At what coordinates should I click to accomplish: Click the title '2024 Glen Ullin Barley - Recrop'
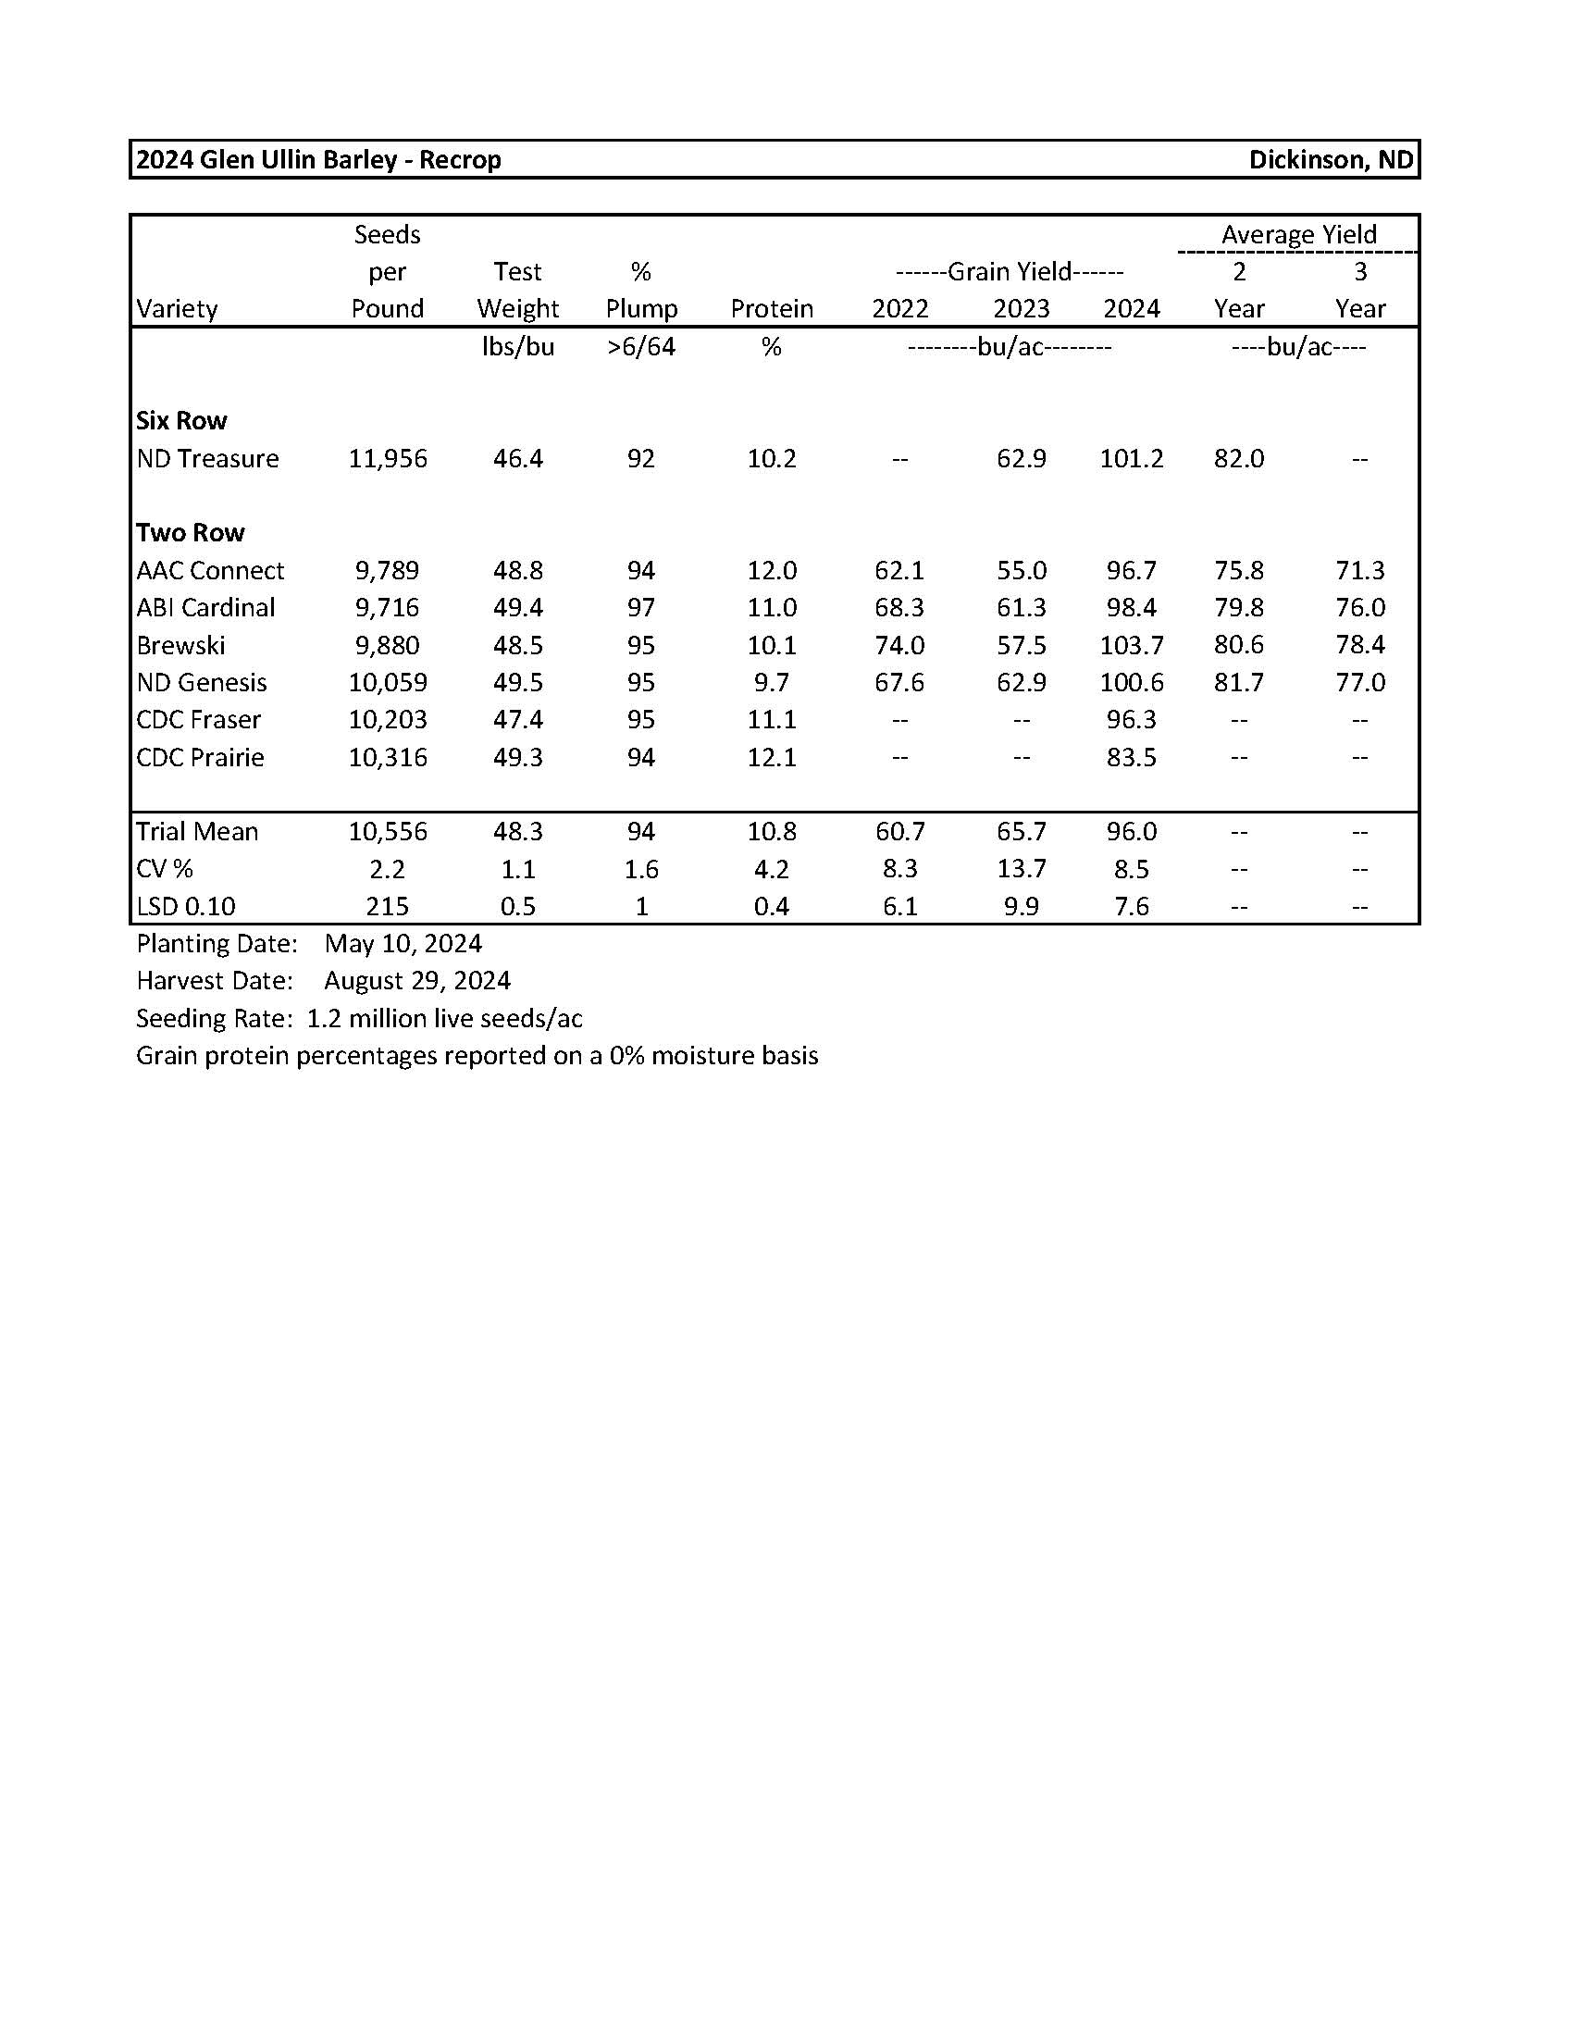tap(317, 159)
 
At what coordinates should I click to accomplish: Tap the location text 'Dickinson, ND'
tap(1330, 159)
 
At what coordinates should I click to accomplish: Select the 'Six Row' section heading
tap(180, 420)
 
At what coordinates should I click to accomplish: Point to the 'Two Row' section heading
tap(190, 532)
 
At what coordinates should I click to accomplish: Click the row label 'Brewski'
tap(180, 645)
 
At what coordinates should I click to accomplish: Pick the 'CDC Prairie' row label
tap(200, 757)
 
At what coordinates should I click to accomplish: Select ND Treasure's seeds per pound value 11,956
tap(388, 459)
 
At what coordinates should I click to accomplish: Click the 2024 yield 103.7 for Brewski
tap(1132, 645)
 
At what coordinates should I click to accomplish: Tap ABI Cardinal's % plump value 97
tap(641, 608)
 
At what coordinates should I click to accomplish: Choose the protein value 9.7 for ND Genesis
tap(772, 682)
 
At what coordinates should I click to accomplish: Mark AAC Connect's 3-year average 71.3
tap(1359, 570)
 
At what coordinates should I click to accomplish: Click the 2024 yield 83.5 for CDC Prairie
tap(1132, 757)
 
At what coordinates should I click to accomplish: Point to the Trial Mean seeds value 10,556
tap(388, 832)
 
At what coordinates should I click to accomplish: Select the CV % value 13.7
tap(1022, 869)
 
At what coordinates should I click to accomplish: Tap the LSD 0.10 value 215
tap(388, 906)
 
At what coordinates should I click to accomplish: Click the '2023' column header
tap(1022, 308)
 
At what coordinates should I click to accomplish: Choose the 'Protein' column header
tap(772, 308)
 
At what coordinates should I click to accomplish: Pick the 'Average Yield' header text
tap(1298, 234)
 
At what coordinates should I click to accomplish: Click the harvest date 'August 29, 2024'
tap(417, 981)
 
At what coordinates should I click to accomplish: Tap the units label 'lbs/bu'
tap(518, 347)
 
